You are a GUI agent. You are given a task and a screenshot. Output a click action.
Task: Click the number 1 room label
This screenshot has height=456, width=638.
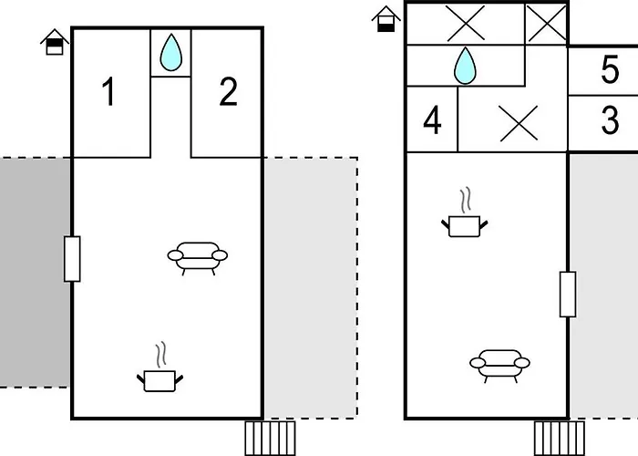108,91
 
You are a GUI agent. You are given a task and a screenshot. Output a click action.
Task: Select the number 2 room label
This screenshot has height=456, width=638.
228,91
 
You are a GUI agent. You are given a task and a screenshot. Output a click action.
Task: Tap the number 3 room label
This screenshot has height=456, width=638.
610,120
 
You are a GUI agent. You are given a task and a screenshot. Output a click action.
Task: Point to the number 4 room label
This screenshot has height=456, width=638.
432,120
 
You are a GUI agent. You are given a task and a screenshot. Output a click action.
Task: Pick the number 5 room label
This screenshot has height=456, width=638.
610,69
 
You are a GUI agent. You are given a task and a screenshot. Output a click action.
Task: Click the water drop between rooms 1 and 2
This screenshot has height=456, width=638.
171,53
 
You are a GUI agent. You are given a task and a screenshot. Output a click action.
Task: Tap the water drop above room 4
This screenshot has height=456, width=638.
465,66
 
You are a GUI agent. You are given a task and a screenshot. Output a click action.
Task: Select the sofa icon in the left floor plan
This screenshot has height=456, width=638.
198,258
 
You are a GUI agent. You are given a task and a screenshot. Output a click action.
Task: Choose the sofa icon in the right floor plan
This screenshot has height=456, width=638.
499,366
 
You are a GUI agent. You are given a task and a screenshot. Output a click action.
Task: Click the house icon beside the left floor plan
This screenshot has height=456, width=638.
55,42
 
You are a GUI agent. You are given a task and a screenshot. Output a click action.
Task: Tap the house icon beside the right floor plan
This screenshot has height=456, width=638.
386,19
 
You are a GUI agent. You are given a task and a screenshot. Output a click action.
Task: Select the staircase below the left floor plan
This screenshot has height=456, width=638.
270,439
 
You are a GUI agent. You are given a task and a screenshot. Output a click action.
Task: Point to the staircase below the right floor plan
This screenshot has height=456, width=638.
559,439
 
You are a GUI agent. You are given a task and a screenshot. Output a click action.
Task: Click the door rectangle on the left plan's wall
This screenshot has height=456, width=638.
72,259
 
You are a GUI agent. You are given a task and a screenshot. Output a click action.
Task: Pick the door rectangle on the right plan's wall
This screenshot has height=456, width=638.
568,294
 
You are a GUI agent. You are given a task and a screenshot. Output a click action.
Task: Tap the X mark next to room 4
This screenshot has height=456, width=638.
519,123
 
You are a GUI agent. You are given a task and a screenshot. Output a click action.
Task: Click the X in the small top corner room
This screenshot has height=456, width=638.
546,23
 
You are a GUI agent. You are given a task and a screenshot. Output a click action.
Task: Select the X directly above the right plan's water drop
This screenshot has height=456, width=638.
466,23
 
